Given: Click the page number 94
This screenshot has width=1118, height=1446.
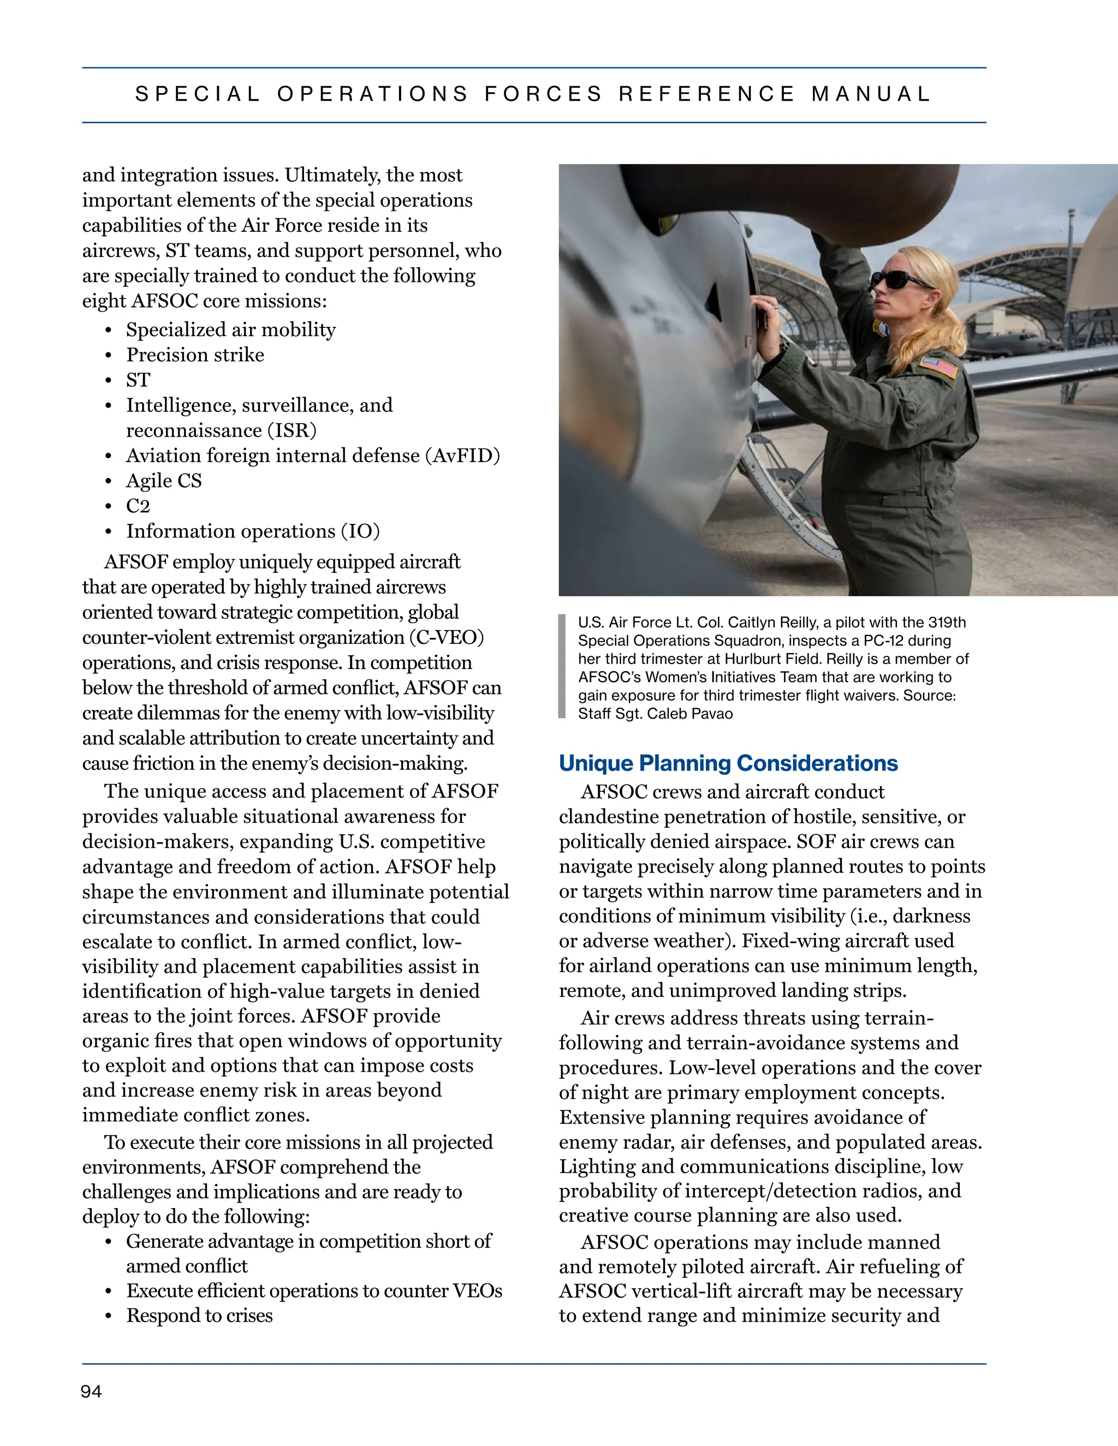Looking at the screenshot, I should click(91, 1391).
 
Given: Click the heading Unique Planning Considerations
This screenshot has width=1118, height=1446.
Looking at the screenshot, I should click(728, 763).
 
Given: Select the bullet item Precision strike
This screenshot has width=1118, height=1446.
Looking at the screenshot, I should click(195, 355).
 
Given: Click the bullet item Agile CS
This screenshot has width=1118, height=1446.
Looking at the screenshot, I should click(164, 481).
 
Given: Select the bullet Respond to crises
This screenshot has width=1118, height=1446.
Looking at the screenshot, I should click(199, 1316).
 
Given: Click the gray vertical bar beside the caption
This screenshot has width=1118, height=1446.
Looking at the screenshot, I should click(562, 666).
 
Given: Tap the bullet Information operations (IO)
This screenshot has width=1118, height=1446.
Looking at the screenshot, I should click(252, 531).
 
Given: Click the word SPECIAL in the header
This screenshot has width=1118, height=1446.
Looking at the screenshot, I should click(198, 94).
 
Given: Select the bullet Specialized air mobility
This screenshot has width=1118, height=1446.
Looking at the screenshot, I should click(230, 330).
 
